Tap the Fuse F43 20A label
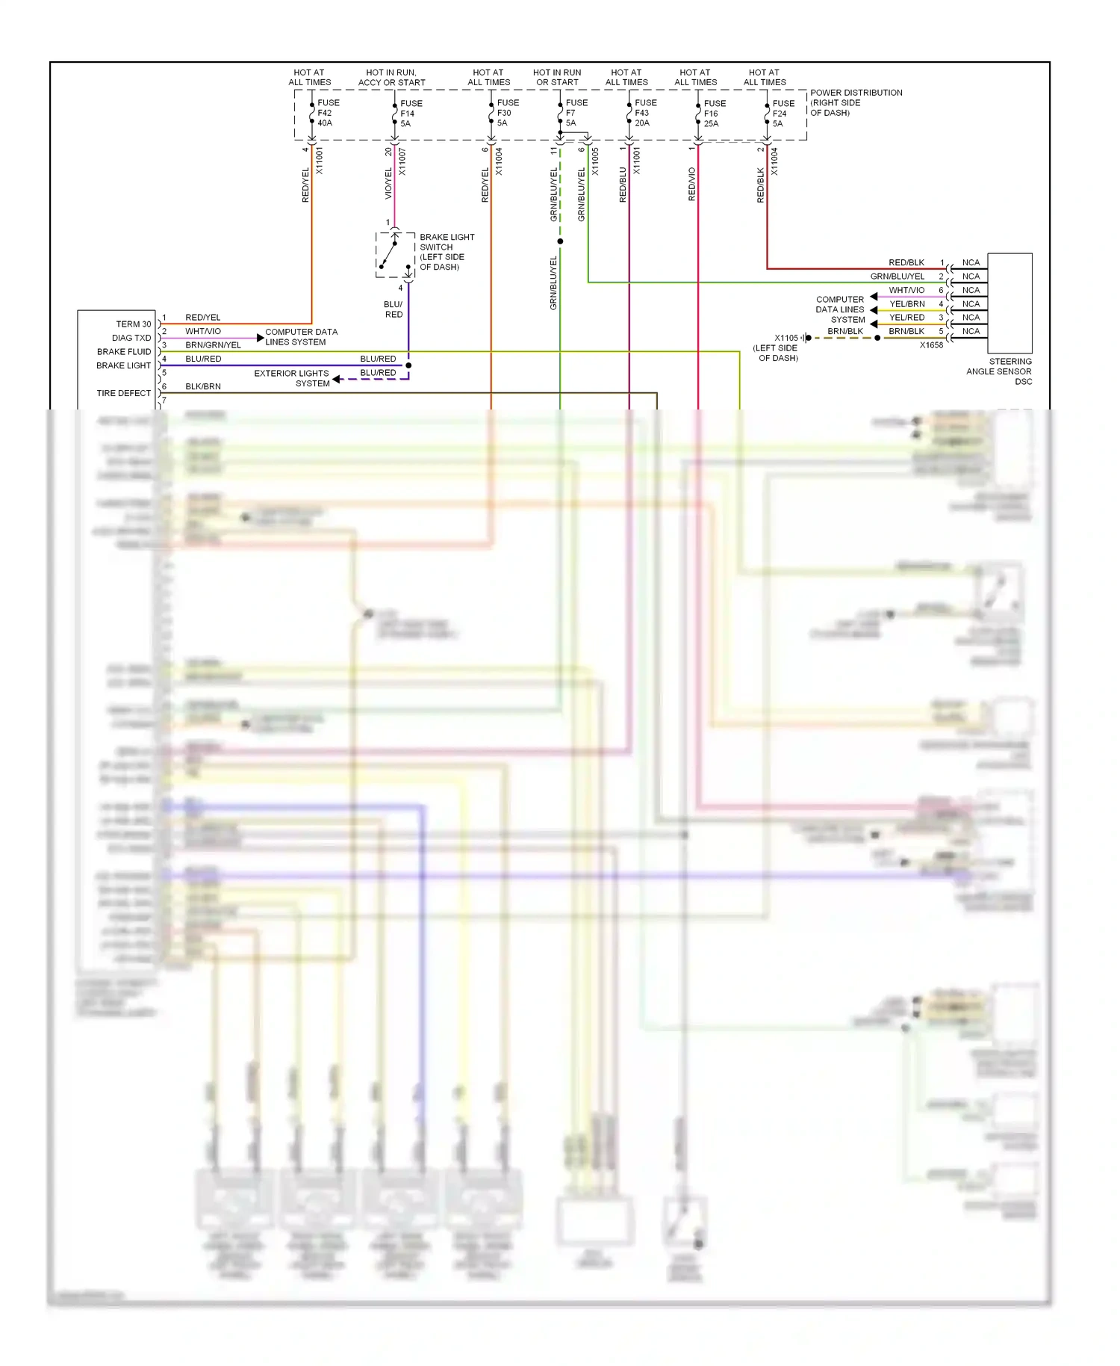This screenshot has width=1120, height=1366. (x=644, y=113)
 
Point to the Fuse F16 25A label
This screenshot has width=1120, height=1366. (x=714, y=114)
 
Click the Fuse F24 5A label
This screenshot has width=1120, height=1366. (x=783, y=114)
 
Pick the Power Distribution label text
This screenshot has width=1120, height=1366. (x=856, y=102)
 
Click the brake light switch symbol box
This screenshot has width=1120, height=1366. (x=395, y=255)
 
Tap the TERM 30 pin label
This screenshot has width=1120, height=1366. (x=133, y=324)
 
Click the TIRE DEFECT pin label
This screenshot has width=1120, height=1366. (x=123, y=393)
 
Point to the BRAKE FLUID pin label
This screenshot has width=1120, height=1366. (x=123, y=352)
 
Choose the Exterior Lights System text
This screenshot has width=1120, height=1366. (x=292, y=378)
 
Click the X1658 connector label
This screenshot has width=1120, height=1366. (x=931, y=345)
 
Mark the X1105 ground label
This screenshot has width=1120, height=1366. (x=785, y=338)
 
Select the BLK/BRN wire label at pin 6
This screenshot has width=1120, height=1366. (x=203, y=386)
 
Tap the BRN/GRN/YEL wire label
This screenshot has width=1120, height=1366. (x=213, y=345)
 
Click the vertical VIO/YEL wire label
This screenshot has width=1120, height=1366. (x=388, y=184)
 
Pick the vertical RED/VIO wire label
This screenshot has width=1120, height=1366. (x=691, y=184)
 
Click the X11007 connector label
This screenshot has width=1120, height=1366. (x=402, y=161)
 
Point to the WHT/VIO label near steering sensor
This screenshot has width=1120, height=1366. (x=906, y=290)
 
